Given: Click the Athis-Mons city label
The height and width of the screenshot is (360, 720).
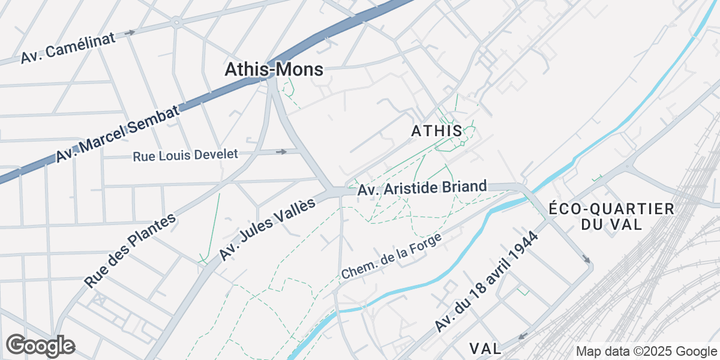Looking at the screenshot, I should [274, 70].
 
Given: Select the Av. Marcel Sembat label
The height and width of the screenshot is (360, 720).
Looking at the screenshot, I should [118, 134].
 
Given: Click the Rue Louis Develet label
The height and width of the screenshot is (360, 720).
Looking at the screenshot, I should [185, 155].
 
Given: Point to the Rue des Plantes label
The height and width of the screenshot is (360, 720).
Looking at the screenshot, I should [130, 250].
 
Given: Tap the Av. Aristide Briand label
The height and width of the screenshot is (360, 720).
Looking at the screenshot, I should [422, 188].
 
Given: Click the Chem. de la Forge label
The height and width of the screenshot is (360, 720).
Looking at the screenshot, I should [391, 256].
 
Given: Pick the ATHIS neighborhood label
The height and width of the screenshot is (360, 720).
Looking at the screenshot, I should [437, 131].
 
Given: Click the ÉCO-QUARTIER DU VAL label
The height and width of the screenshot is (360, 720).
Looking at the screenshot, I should [611, 217].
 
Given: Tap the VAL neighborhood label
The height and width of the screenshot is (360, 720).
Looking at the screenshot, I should [485, 349].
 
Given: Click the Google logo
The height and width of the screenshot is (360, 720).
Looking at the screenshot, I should [40, 346].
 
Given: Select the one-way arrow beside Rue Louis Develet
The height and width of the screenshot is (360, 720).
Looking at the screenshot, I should [281, 152].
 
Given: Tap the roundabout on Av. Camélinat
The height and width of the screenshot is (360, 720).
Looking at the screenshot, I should [176, 22].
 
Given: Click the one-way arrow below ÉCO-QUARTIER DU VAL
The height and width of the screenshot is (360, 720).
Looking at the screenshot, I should [586, 259].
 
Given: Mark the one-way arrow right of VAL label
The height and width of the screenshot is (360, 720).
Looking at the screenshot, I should [523, 336].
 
